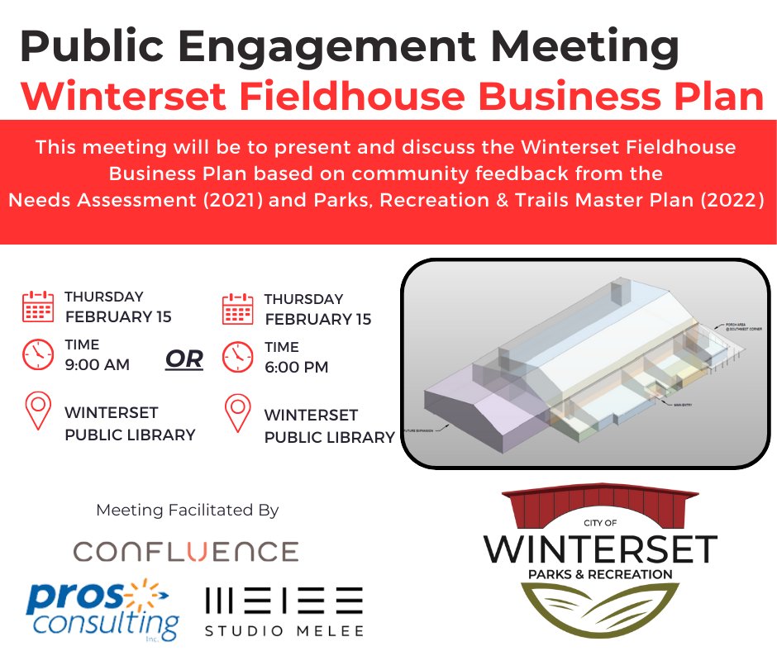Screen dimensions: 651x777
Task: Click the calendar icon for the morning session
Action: (x=37, y=306)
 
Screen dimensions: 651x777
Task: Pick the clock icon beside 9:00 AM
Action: (x=37, y=354)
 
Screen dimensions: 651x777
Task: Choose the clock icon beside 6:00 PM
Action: (x=238, y=356)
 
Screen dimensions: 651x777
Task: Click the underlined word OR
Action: (x=184, y=359)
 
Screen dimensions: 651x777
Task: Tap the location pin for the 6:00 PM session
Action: (x=238, y=414)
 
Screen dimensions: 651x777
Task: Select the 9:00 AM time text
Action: (x=97, y=364)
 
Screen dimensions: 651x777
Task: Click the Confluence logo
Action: (x=185, y=551)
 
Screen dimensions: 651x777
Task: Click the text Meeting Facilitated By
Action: (x=188, y=510)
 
